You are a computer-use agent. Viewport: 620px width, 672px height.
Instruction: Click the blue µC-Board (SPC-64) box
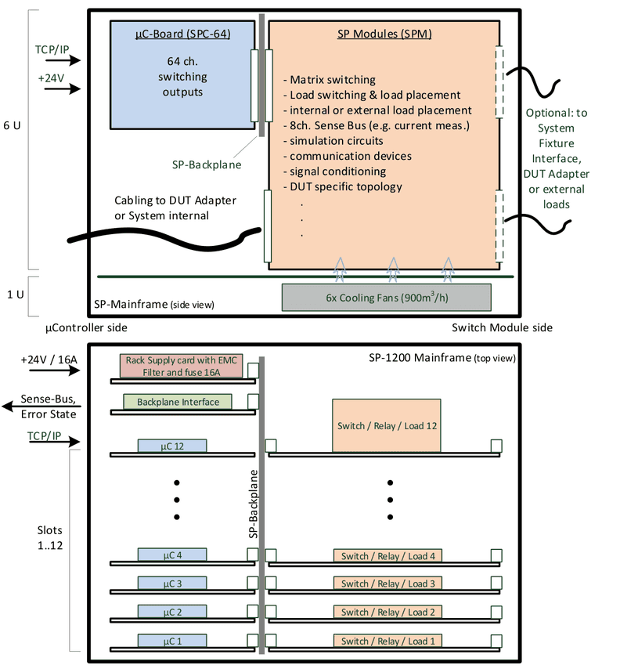pos(182,74)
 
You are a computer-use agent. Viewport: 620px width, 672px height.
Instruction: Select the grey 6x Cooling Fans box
pos(387,298)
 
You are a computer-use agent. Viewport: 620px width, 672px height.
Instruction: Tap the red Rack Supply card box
pos(182,366)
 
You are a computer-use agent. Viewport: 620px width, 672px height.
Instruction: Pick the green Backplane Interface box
pos(178,402)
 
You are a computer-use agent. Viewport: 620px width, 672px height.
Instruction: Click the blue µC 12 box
pos(172,446)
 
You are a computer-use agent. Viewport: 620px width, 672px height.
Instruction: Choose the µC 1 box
pos(172,641)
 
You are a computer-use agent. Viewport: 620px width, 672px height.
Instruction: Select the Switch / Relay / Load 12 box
pos(387,425)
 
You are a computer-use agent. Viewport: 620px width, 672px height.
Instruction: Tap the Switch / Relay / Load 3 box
pos(387,583)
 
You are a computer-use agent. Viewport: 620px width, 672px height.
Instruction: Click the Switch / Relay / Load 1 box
pos(387,641)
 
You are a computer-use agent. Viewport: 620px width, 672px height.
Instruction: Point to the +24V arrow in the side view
pos(63,89)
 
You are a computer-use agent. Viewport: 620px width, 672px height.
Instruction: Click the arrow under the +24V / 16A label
pos(55,370)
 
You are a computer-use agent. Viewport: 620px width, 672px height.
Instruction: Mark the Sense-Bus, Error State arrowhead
pos(8,406)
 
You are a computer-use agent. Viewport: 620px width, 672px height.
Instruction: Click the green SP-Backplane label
pos(207,164)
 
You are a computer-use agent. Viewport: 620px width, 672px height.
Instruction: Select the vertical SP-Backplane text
pos(253,504)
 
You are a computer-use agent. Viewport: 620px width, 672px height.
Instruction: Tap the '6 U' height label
pos(12,125)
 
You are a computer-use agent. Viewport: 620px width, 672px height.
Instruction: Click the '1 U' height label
pos(16,294)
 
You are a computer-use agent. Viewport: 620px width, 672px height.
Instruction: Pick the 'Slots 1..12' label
pos(49,538)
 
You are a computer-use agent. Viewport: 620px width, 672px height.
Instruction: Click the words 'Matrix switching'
pos(333,80)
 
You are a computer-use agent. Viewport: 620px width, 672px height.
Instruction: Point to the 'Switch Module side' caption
pos(502,328)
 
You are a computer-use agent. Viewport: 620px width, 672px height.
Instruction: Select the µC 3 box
pos(172,583)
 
